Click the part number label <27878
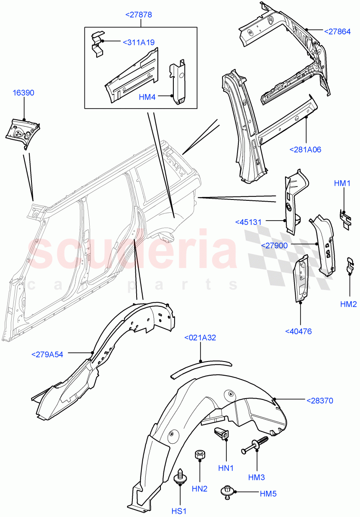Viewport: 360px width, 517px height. [x=138, y=15]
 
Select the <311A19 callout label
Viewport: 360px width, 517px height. [x=138, y=42]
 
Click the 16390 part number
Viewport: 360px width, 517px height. [x=24, y=93]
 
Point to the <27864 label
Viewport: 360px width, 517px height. [x=338, y=31]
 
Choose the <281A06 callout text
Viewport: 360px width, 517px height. [x=306, y=149]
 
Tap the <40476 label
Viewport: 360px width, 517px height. [x=298, y=331]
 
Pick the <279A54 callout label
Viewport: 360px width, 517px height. [x=47, y=355]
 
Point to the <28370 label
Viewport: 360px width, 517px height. [x=320, y=401]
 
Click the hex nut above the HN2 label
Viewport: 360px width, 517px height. [x=200, y=455]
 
